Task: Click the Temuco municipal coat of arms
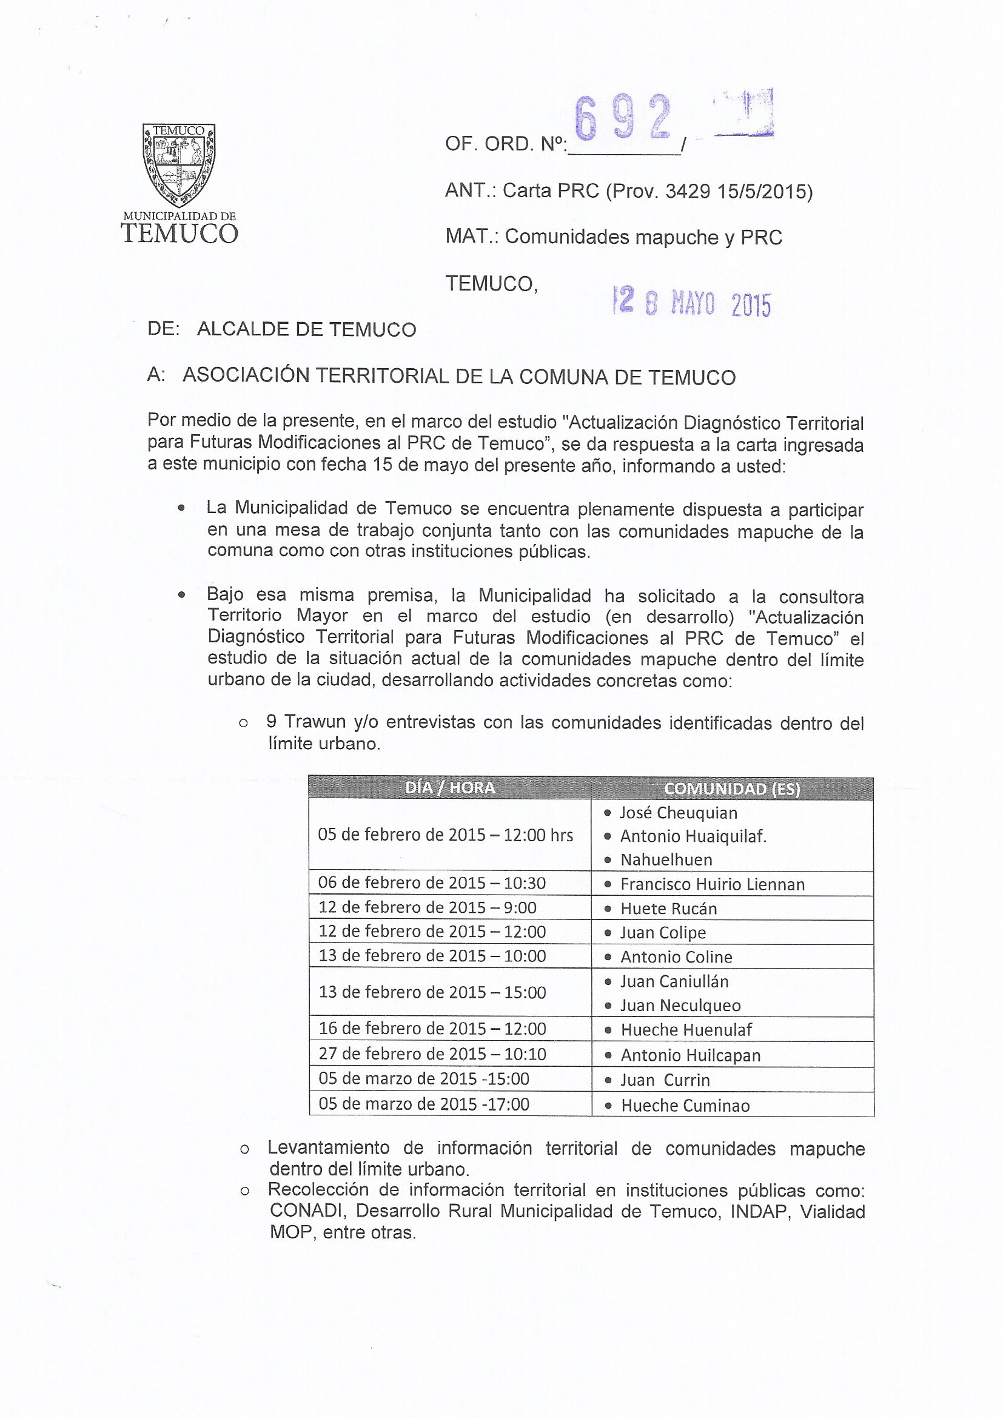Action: pos(179,166)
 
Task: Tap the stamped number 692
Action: pos(623,118)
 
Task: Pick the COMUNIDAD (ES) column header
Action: pos(732,788)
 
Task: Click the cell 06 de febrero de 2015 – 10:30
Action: pos(432,882)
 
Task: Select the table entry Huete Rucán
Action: pos(668,909)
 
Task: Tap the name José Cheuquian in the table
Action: pos(678,813)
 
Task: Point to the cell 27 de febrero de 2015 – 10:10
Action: pos(432,1053)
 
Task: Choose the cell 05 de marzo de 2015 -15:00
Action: pos(424,1079)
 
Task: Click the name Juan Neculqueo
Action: pos(680,1006)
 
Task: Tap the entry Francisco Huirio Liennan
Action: pos(712,884)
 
